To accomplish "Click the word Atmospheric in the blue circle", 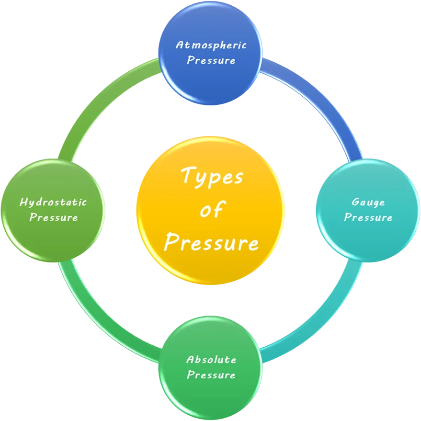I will coord(211,45).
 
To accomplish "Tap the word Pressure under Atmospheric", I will coord(211,60).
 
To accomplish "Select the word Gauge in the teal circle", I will coord(368,202).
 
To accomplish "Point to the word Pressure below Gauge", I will coord(368,217).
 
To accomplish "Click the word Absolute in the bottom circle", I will coord(211,359).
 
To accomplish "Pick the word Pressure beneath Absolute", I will coord(211,375).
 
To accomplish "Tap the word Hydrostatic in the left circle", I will coord(53,202).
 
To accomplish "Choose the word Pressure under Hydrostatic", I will coord(53,217).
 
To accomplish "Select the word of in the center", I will coord(211,210).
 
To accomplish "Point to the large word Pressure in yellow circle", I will coord(211,242).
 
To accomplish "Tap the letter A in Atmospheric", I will coord(180,45).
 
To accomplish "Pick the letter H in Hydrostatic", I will coord(23,202).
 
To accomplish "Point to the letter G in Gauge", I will coord(355,202).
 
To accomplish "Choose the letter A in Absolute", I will coord(190,359).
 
